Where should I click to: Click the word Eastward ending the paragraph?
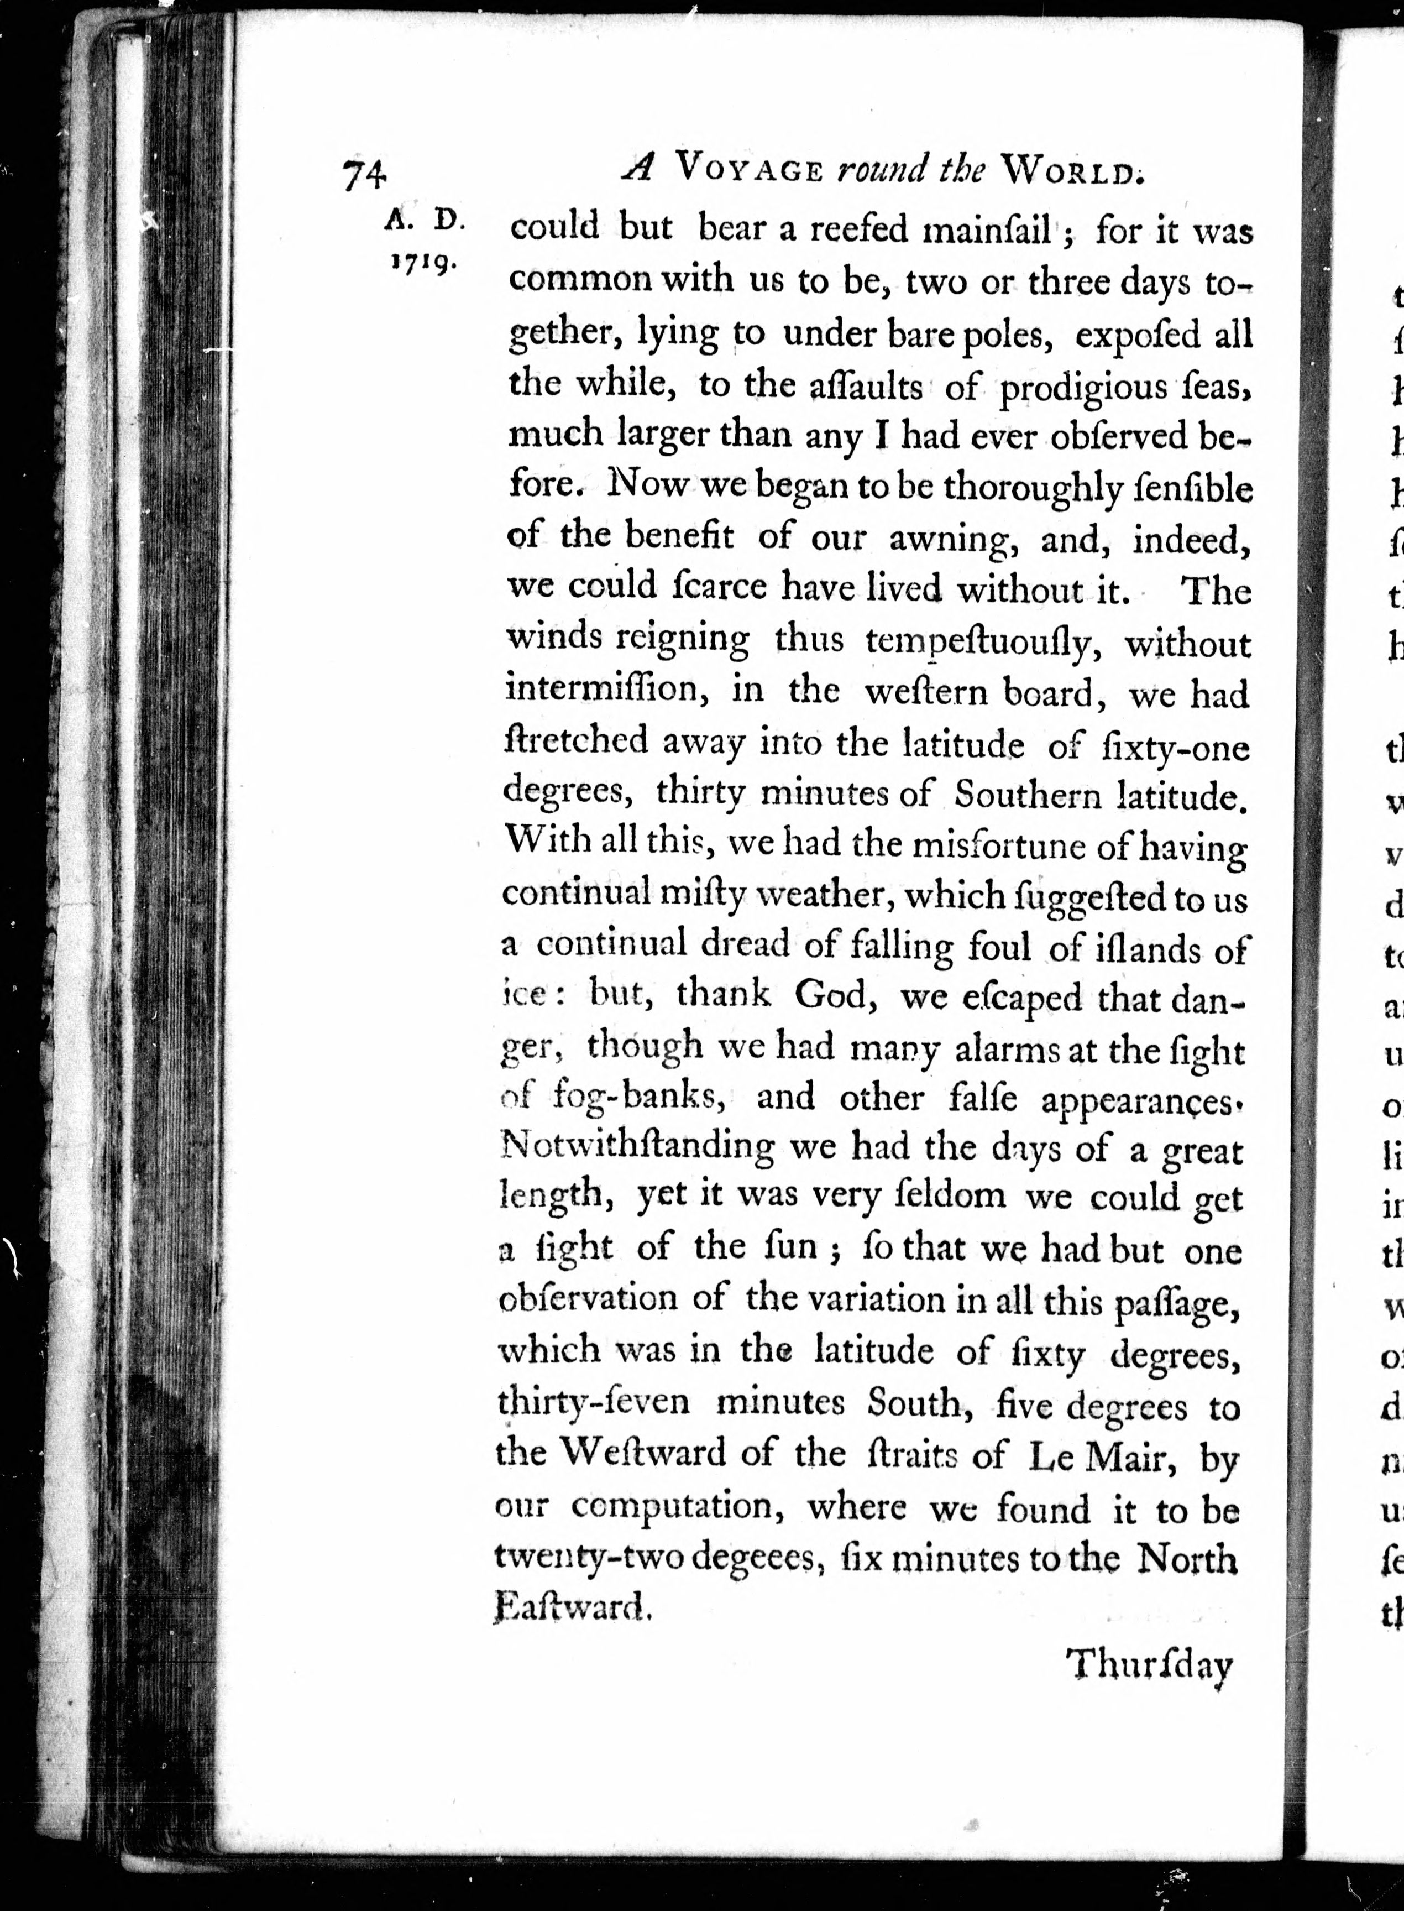[572, 1609]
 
